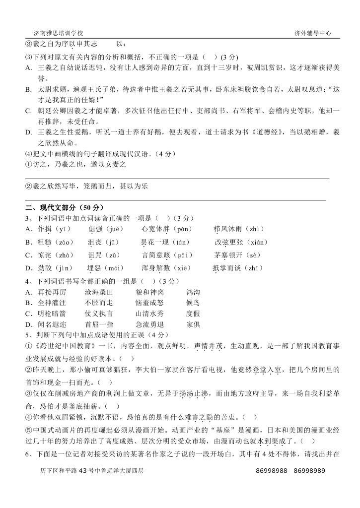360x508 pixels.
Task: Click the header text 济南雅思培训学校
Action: pyautogui.click(x=58, y=33)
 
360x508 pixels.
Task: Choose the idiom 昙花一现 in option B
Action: pyautogui.click(x=154, y=242)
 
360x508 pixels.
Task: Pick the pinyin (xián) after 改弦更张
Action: pyautogui.click(x=256, y=242)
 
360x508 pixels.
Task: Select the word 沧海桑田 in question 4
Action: pyautogui.click(x=99, y=293)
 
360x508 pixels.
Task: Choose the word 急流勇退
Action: pyautogui.click(x=149, y=324)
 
